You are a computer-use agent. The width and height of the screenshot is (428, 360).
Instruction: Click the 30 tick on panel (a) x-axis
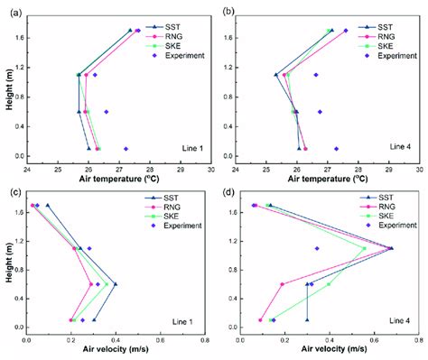tap(211, 168)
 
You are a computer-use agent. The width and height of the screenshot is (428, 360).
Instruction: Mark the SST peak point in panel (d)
tap(391, 248)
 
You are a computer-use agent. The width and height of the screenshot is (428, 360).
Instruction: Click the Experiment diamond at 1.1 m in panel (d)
tap(317, 248)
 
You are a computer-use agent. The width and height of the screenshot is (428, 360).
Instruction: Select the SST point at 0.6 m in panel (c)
tap(115, 284)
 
